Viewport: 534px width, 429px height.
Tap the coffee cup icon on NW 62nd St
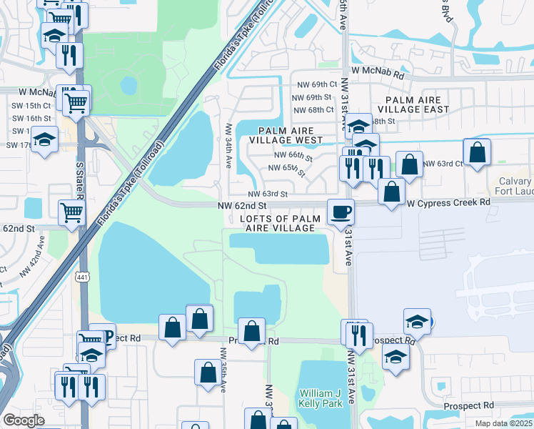coord(340,212)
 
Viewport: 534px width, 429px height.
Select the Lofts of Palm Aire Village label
coord(278,223)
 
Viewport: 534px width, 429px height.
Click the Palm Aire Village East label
coord(417,105)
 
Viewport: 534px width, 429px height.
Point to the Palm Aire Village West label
coord(291,136)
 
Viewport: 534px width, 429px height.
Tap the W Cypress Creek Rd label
coord(449,202)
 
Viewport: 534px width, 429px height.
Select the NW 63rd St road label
coord(268,194)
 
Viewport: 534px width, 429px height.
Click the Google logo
coord(24,420)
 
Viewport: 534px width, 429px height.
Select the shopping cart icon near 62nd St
coord(72,212)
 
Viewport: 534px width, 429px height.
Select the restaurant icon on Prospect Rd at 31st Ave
coord(359,334)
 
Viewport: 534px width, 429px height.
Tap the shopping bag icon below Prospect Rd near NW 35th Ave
coord(208,373)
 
